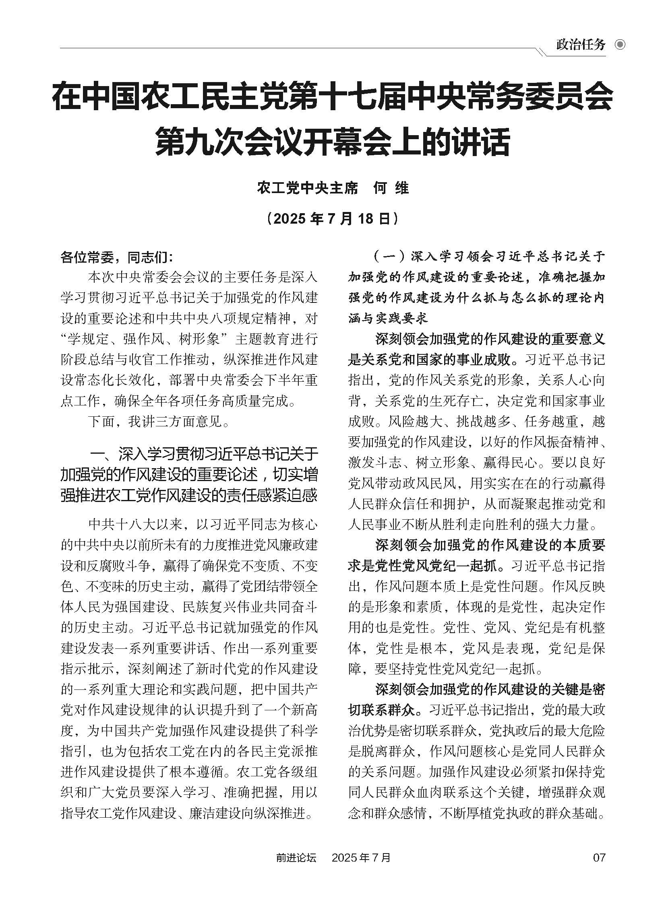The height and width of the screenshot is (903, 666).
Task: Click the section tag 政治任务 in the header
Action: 581,45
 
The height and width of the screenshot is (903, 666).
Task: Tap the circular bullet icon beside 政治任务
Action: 620,45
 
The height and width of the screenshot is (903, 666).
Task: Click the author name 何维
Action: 391,188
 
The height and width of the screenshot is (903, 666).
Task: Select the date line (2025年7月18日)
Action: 333,219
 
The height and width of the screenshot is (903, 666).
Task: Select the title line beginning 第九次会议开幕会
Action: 333,140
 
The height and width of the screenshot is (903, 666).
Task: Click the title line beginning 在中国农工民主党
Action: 333,96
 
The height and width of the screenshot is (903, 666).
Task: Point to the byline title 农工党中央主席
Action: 307,188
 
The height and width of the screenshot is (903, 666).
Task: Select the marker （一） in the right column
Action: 389,257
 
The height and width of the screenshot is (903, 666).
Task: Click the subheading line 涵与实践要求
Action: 388,319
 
